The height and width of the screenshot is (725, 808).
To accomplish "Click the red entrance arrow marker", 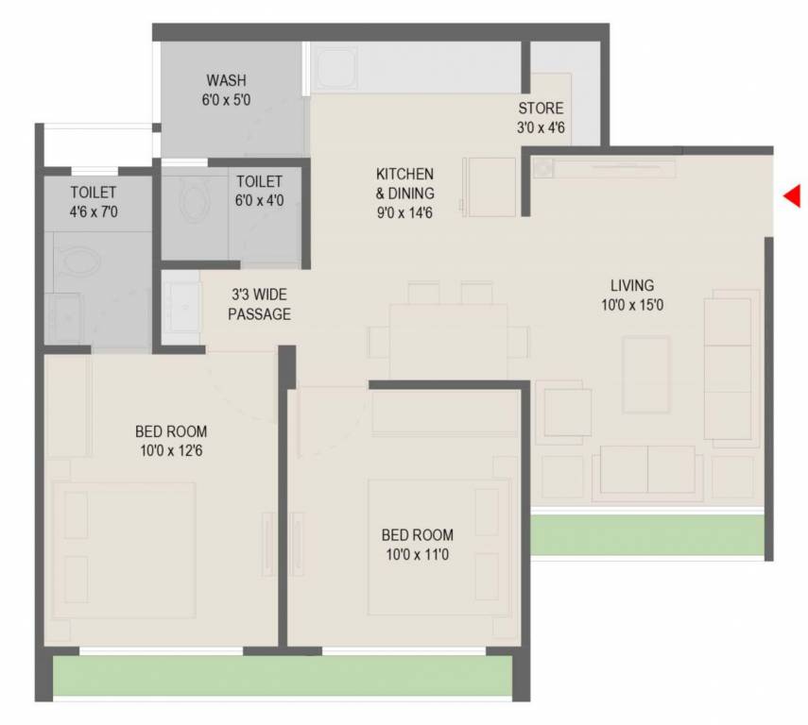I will pos(792,195).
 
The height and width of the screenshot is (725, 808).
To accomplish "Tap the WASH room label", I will pos(226,81).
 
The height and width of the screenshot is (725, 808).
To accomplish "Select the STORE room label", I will pos(541,109).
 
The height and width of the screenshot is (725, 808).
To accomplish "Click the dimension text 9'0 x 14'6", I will pos(404,212).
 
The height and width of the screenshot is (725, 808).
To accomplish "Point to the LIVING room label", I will pos(631,285).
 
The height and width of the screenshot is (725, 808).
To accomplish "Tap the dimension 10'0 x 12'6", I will pos(171,450).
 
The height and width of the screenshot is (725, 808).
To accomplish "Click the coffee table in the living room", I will pos(646,374).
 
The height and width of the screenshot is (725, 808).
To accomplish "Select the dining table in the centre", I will pos(447,342).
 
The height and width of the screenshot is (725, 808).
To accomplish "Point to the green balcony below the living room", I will pos(646,535).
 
